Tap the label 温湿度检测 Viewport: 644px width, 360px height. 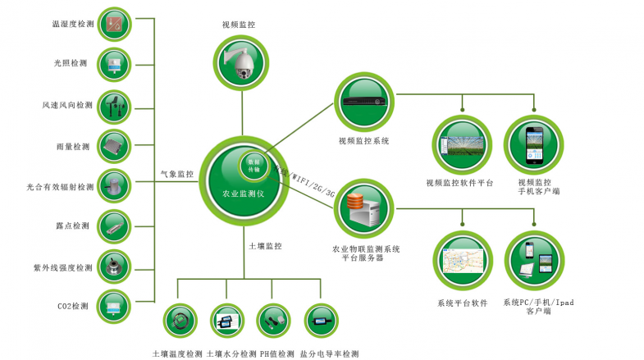coord(73,25)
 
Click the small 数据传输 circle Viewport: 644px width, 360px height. coord(255,162)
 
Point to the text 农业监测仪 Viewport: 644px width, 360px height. coord(243,194)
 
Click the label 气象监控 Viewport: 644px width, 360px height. coord(177,175)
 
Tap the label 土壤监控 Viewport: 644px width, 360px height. coord(265,245)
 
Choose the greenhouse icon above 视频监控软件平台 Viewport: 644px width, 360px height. coord(460,144)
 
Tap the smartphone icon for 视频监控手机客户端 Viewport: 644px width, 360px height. coord(534,144)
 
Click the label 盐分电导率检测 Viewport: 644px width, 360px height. coord(329,354)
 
